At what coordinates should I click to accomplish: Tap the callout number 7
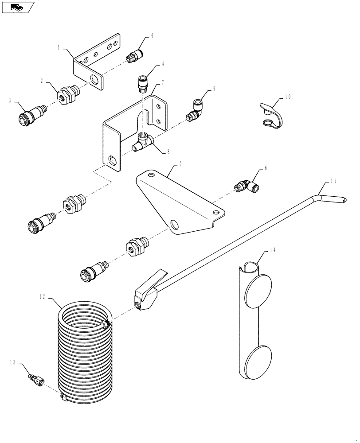coord(163,83)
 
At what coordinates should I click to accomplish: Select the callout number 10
coord(288,96)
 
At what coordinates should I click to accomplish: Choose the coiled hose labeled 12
coord(85,350)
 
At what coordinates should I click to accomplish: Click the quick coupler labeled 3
coord(27,119)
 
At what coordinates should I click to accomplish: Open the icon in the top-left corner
coord(17,8)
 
